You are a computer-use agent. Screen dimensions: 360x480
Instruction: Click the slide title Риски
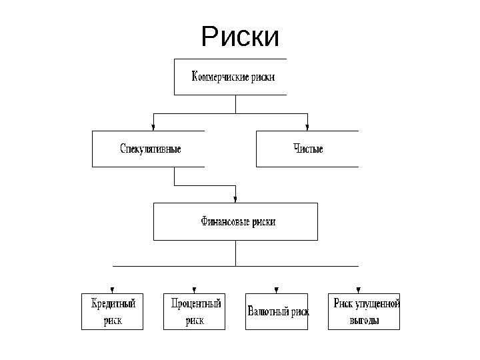(x=240, y=37)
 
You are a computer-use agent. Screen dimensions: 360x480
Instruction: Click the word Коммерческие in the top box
(x=220, y=77)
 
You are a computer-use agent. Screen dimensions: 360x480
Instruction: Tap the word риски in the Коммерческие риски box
(x=263, y=77)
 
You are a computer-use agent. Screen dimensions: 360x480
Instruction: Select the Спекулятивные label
(x=150, y=149)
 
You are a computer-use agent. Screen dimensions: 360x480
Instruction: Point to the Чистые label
(x=308, y=149)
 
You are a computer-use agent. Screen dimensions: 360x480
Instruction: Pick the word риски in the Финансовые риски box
(x=263, y=221)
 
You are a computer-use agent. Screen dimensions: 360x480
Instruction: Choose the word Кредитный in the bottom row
(x=113, y=304)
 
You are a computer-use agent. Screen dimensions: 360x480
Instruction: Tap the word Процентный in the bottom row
(x=195, y=304)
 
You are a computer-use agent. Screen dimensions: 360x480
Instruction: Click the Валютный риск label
(x=278, y=311)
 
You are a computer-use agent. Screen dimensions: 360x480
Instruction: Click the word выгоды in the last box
(x=365, y=320)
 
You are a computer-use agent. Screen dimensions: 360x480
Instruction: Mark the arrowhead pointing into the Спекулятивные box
(x=154, y=127)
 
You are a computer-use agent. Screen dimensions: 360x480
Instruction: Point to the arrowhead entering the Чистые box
(x=307, y=127)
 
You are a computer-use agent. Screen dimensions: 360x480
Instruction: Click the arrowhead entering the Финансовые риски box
(x=235, y=199)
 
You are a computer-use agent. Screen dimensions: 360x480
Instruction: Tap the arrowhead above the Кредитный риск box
(x=112, y=289)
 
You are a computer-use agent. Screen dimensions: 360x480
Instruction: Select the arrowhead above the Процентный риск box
(x=194, y=289)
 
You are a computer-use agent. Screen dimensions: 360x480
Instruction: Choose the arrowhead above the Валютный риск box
(x=276, y=289)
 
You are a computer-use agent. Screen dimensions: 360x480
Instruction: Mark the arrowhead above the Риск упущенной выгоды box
(x=358, y=289)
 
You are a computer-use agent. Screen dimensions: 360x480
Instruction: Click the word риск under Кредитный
(x=113, y=320)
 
